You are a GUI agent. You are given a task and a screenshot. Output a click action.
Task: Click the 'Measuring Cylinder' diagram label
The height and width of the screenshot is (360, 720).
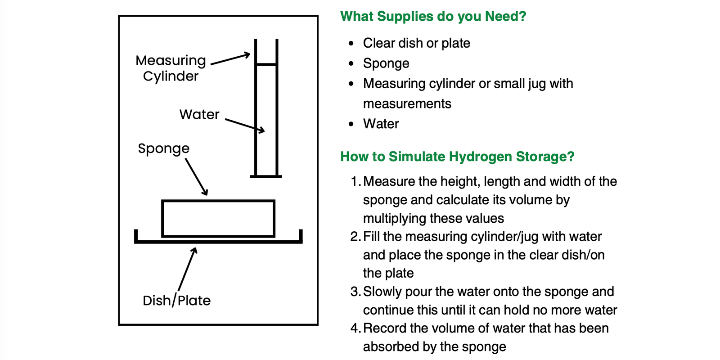tap(171, 68)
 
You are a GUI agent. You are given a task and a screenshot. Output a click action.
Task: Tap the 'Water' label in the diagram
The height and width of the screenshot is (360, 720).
tap(199, 114)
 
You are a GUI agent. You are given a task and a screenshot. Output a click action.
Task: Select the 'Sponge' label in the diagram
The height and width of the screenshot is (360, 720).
tap(164, 149)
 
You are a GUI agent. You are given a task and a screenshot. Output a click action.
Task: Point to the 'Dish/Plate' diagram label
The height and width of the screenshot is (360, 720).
tap(176, 300)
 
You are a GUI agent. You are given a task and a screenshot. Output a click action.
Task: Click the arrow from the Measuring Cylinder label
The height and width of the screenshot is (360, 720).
tap(230, 58)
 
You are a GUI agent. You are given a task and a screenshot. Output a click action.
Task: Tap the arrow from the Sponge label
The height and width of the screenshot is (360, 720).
tap(196, 177)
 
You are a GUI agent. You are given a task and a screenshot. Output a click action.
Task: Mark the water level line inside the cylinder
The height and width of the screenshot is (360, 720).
tap(266, 65)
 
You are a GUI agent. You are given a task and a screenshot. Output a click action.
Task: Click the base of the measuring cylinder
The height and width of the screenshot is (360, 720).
tap(266, 176)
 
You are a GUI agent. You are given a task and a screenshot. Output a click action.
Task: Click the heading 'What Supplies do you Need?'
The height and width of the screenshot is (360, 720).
tap(433, 16)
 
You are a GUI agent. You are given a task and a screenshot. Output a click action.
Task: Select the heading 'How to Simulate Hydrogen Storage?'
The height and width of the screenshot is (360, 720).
tap(457, 157)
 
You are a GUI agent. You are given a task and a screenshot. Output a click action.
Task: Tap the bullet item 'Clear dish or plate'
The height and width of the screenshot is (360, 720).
tap(416, 43)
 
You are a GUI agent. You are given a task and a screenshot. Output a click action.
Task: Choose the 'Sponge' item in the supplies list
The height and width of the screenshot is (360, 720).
tap(386, 63)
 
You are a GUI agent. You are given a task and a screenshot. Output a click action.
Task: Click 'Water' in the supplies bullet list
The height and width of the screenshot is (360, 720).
tap(381, 124)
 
